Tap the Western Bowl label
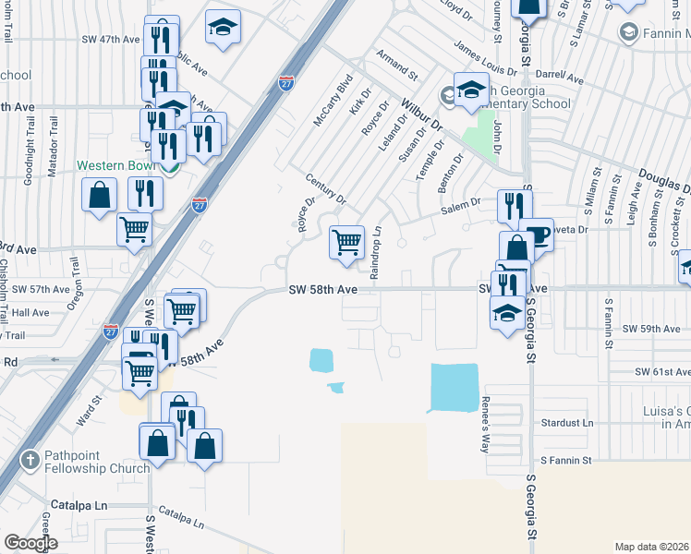[114, 166]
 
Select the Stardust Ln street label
[567, 423]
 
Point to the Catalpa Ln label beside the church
[79, 506]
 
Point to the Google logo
[30, 543]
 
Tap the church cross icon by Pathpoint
[30, 459]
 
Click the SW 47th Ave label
[110, 40]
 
